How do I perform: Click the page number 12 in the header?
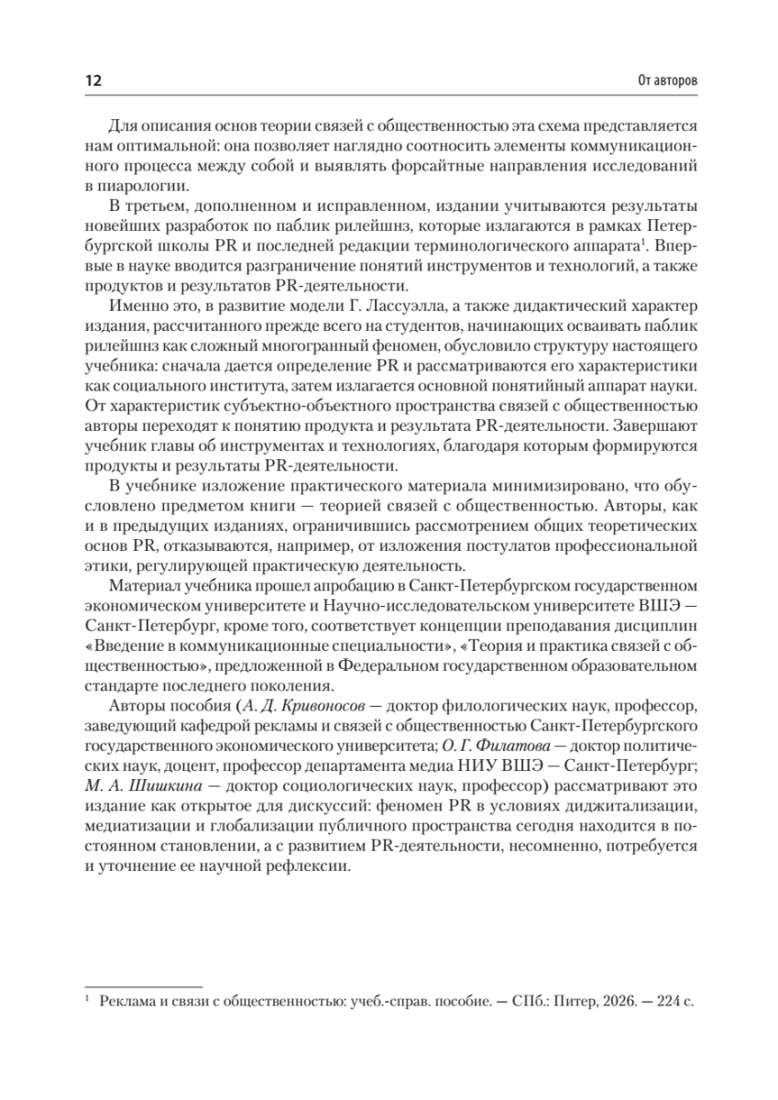pyautogui.click(x=92, y=81)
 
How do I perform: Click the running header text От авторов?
pyautogui.click(x=666, y=81)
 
